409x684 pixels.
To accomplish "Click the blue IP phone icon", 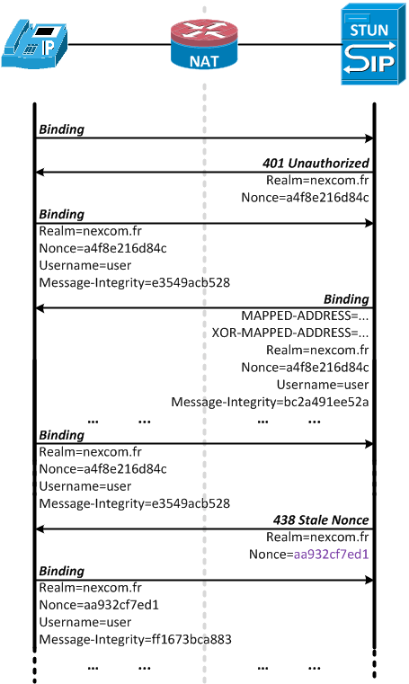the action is pyautogui.click(x=34, y=44).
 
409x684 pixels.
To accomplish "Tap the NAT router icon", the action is pyautogui.click(x=204, y=45).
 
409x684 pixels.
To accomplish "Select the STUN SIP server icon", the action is pyautogui.click(x=373, y=44).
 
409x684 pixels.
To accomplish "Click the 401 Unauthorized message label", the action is pyautogui.click(x=316, y=164).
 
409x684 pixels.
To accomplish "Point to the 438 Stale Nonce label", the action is pyautogui.click(x=321, y=520).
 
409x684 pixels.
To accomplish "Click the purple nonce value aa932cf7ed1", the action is pyautogui.click(x=332, y=554).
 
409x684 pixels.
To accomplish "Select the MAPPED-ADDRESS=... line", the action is pyautogui.click(x=305, y=315).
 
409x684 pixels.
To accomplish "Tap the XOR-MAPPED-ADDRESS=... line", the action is pyautogui.click(x=290, y=333).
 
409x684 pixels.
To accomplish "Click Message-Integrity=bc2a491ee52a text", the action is pyautogui.click(x=270, y=402).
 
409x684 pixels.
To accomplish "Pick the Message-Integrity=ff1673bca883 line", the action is pyautogui.click(x=135, y=639).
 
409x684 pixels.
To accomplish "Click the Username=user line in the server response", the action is pyautogui.click(x=323, y=385).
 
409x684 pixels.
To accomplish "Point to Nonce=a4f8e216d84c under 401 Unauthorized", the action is pyautogui.click(x=306, y=197).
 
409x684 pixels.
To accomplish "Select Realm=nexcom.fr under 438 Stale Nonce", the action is pyautogui.click(x=317, y=537).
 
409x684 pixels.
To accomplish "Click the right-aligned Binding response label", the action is pyautogui.click(x=346, y=299).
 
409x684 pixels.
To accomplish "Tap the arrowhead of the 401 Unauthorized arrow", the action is pyautogui.click(x=40, y=173).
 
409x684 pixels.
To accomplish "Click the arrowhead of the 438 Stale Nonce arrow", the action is pyautogui.click(x=40, y=529).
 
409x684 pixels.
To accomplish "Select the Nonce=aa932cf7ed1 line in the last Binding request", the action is pyautogui.click(x=99, y=605).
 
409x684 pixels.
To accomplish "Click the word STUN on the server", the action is pyautogui.click(x=369, y=30).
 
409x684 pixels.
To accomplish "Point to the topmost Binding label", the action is pyautogui.click(x=61, y=129).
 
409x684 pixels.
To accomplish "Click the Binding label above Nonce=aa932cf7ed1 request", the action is pyautogui.click(x=61, y=571).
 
